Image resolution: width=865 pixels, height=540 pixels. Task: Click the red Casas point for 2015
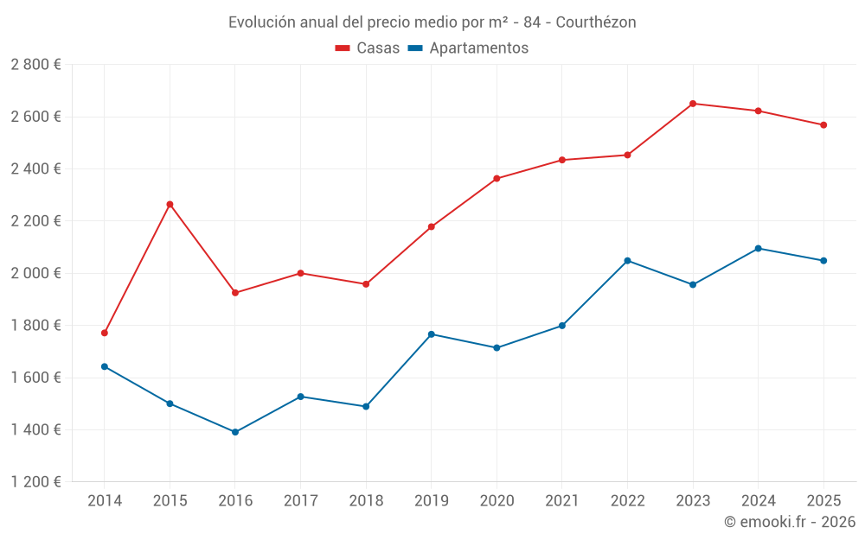pos(170,204)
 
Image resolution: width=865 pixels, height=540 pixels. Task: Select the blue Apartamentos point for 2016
pos(235,432)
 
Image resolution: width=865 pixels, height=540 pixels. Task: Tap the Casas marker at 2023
pos(693,104)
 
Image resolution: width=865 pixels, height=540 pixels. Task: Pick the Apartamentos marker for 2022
pos(627,260)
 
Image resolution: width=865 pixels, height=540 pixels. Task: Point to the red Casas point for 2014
pos(105,333)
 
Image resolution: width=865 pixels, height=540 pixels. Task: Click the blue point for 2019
pos(432,334)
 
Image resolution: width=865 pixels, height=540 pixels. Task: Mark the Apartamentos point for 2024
pos(759,248)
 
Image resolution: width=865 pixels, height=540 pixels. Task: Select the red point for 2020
pos(497,179)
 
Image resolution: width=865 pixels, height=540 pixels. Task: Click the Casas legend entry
pos(368,48)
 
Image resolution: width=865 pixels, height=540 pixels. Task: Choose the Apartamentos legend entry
pos(468,48)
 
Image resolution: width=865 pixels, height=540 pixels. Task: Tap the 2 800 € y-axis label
pos(35,65)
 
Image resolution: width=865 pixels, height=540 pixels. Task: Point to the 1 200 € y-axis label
pos(35,482)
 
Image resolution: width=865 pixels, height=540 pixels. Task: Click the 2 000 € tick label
pos(35,273)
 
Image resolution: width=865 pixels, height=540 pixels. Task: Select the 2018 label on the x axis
pos(366,500)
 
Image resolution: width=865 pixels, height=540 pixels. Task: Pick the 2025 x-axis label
pos(823,500)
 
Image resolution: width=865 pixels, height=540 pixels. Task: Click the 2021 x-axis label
pos(562,500)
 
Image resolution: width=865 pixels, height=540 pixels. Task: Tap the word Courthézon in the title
pos(596,22)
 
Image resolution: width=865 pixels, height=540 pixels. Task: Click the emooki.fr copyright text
pos(790,522)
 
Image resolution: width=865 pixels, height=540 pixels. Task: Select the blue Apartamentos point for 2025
pos(823,260)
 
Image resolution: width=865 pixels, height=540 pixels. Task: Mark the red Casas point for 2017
pos(300,273)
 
